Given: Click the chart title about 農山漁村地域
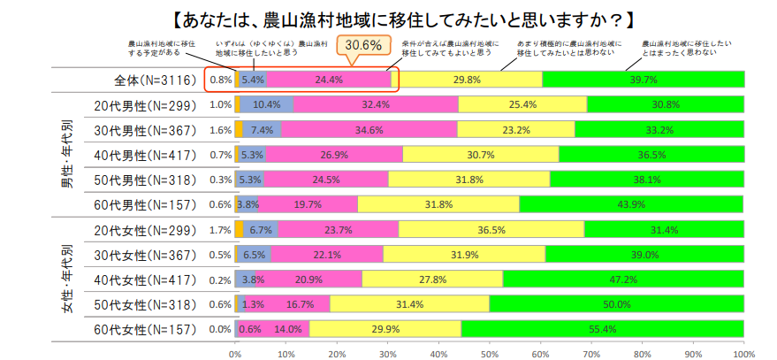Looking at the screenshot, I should point(390,18).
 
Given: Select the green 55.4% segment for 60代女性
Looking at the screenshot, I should point(603,329).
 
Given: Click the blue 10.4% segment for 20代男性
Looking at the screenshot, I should point(267,104).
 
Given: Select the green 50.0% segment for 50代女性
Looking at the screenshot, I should point(617,304).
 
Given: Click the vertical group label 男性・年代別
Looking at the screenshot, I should point(66,155).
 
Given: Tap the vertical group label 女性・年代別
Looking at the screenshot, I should point(66,280).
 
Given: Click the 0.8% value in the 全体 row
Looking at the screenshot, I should point(220,80).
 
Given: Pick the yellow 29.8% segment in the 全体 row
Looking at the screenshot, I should point(466,80).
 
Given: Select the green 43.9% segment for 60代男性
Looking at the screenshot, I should point(631,204).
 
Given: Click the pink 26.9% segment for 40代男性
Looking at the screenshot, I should point(334,155).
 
